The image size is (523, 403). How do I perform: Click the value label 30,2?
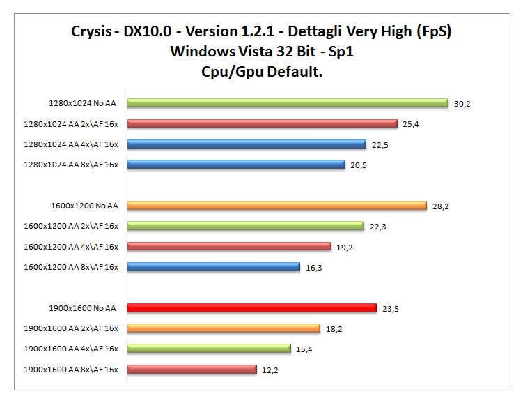[462, 104]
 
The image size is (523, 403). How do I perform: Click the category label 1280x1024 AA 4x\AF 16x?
[70, 144]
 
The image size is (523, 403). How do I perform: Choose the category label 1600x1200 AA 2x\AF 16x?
[70, 226]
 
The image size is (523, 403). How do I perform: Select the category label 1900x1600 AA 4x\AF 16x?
[70, 349]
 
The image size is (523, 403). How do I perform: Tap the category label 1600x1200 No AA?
[84, 206]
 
